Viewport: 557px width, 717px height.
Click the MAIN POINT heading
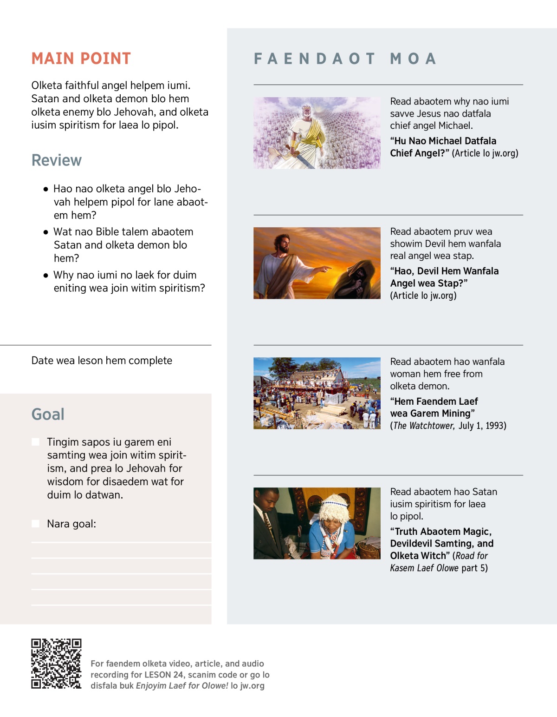(81, 59)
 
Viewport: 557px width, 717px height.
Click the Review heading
(57, 160)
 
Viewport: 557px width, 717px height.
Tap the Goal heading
(48, 414)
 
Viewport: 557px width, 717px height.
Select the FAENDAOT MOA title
(345, 59)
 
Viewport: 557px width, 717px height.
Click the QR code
(56, 664)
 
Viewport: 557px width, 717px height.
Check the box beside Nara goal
(35, 524)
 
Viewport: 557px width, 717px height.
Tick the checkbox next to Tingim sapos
(35, 442)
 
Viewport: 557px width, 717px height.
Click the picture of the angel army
(317, 133)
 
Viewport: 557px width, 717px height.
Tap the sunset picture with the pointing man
(317, 263)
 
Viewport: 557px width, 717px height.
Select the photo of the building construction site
(317, 393)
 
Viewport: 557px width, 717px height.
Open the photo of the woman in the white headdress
(317, 523)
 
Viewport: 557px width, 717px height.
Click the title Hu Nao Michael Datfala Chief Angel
(443, 147)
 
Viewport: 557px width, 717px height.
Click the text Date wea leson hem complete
(102, 361)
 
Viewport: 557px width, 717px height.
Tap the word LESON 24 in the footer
(164, 675)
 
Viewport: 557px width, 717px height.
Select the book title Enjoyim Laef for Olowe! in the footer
(182, 686)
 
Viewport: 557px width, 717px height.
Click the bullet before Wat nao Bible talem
(45, 232)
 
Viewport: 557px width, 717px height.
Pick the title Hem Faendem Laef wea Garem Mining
(434, 407)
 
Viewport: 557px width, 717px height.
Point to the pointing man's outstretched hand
(327, 269)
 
